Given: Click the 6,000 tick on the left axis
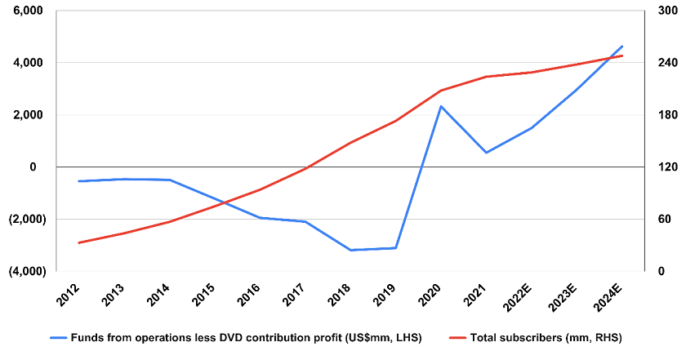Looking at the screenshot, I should coord(28,11).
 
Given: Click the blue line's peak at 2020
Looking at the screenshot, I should coord(441,106).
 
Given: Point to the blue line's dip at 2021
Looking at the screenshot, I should coord(486,153).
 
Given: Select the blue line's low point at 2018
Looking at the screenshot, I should coord(350,250).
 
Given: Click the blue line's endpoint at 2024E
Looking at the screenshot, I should coord(622,47).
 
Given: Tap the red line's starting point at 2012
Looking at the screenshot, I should coord(79,242).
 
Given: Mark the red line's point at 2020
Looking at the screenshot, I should coord(441,90).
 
